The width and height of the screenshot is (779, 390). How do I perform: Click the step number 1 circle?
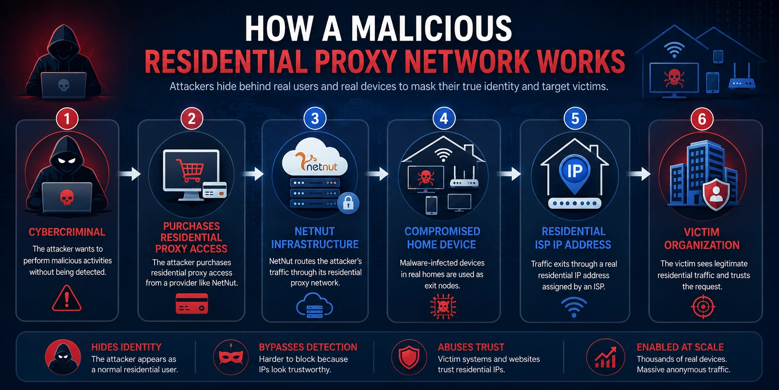click(x=67, y=119)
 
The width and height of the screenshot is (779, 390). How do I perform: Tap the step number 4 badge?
click(x=444, y=118)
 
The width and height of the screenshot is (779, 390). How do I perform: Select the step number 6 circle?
click(x=702, y=119)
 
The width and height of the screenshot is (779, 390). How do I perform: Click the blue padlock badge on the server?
click(x=348, y=203)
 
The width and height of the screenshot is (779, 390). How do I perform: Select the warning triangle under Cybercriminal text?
click(x=67, y=298)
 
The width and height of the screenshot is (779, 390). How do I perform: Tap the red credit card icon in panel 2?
click(x=192, y=303)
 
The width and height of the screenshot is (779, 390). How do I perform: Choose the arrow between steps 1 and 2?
click(x=130, y=174)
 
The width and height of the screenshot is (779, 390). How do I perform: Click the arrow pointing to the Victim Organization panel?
click(x=640, y=174)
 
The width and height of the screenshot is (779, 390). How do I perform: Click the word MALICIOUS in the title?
click(x=431, y=29)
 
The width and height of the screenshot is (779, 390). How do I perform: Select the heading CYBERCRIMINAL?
click(x=67, y=232)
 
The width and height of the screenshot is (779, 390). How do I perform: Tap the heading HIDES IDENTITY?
click(x=126, y=347)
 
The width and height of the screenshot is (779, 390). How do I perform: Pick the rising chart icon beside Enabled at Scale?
click(x=605, y=357)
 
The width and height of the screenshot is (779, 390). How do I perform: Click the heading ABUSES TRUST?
click(x=471, y=347)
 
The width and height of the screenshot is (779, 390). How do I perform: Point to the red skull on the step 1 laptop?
click(x=67, y=197)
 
